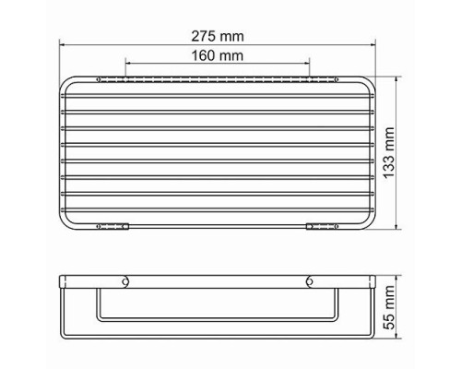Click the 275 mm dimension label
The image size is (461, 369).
click(218, 36)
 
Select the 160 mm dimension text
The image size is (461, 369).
click(218, 55)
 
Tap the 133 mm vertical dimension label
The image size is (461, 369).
click(389, 152)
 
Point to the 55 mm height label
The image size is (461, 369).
click(389, 307)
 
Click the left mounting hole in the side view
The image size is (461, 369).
click(125, 281)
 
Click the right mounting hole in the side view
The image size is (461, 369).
click(310, 281)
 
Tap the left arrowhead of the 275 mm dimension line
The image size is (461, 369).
click(62, 45)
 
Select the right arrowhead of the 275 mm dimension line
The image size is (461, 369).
click(373, 45)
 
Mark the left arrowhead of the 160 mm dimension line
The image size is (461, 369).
click(128, 63)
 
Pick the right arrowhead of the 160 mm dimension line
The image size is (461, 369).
click(307, 63)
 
